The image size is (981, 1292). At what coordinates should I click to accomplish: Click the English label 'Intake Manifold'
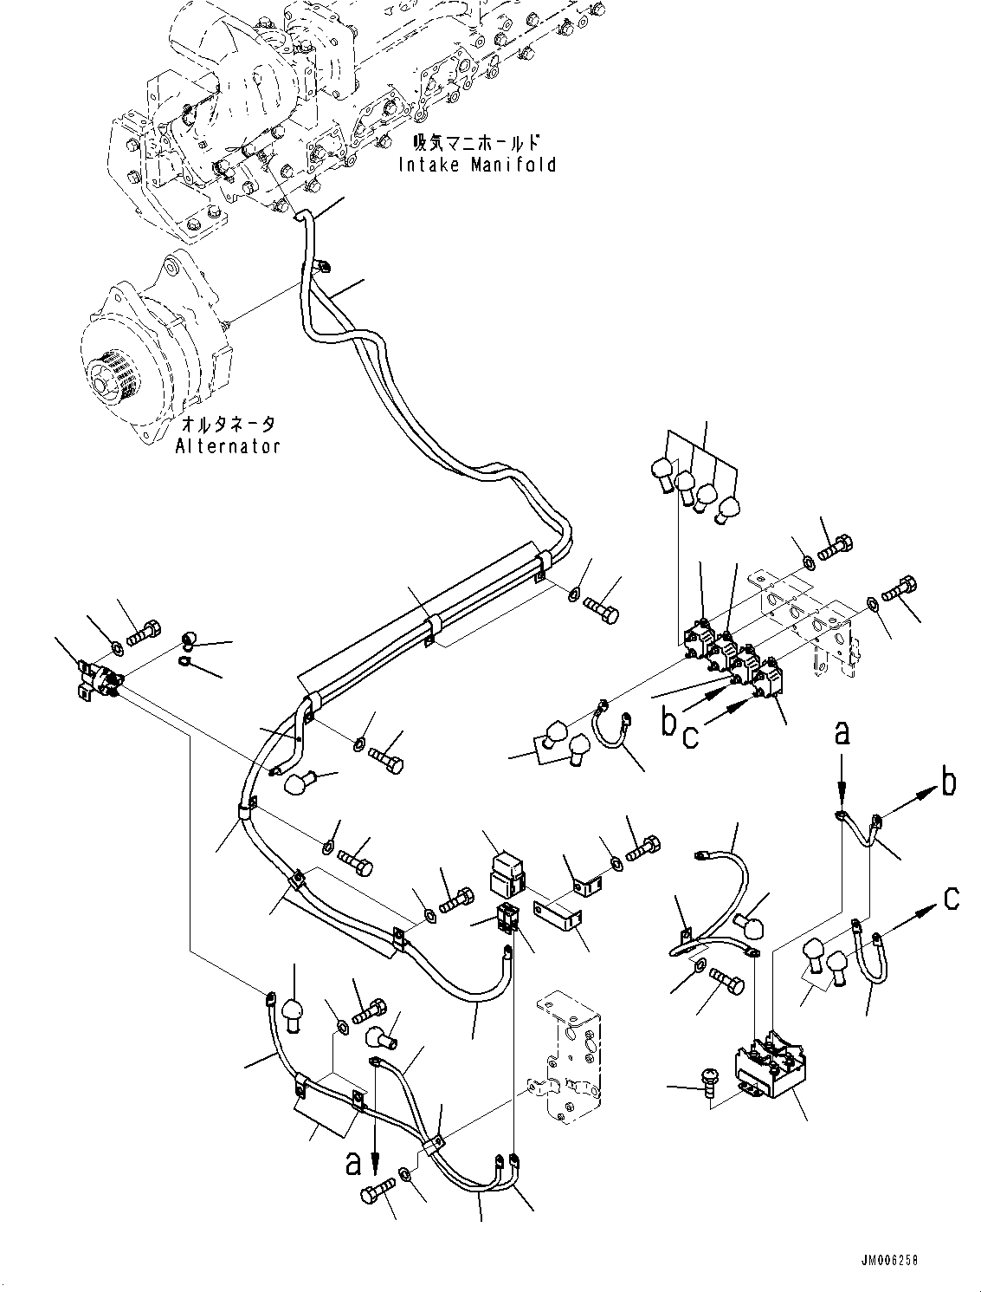[x=477, y=164]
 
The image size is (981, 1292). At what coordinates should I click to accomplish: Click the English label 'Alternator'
[x=228, y=446]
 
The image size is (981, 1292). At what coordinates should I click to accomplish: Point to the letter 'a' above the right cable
[x=842, y=734]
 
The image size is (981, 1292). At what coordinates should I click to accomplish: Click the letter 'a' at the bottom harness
[x=353, y=1163]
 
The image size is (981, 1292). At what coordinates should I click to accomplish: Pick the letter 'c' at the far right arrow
[x=951, y=899]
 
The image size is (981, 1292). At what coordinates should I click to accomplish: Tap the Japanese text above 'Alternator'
[x=229, y=425]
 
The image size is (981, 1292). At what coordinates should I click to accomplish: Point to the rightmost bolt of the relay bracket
[x=899, y=588]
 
